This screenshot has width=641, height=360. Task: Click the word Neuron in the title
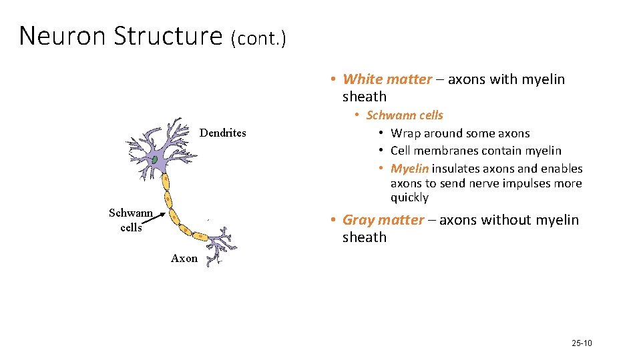point(63,36)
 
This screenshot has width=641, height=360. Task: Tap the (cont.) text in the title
point(258,39)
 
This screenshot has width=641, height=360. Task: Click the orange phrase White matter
point(387,79)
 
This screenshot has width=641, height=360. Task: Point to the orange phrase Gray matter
point(383,220)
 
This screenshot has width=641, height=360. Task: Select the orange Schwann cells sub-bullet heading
point(405,115)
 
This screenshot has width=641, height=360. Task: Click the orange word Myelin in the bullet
point(409,169)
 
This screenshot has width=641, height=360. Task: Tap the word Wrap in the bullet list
point(405,133)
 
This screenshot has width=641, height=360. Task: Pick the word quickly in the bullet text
point(409,198)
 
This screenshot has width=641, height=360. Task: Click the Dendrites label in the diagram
point(223,133)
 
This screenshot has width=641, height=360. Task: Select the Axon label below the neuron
point(184,258)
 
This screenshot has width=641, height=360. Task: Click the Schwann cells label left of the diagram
point(131,220)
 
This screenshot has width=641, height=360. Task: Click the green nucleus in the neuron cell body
point(154,160)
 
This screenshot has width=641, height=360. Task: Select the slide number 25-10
point(582,343)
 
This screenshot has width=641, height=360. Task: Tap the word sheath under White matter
point(365,97)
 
